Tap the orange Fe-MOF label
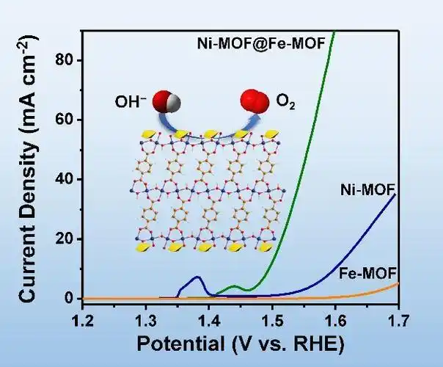click(x=369, y=273)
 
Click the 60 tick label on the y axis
click(x=67, y=120)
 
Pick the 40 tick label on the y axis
click(x=67, y=179)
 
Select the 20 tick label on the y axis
click(x=67, y=239)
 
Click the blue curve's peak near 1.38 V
click(x=197, y=277)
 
